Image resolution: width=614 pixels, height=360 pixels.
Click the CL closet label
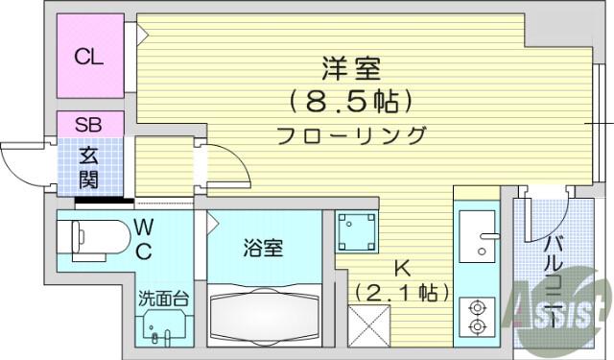89,58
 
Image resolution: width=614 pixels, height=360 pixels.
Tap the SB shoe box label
89,125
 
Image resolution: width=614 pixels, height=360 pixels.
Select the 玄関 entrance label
89,168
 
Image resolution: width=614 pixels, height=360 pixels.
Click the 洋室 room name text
351,69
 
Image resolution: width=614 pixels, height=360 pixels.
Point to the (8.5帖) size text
351,102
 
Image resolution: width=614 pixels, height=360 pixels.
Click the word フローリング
351,136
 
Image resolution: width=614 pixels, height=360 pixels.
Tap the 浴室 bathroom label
263,248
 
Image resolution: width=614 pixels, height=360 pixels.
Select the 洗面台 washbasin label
164,300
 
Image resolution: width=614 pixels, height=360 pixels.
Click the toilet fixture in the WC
94,241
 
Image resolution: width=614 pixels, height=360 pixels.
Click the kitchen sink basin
478,236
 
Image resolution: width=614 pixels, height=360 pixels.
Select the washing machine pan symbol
356,232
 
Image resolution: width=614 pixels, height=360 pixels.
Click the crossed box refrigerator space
369,326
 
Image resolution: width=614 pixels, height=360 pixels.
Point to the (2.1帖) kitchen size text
402,292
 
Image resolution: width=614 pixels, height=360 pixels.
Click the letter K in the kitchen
402,269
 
